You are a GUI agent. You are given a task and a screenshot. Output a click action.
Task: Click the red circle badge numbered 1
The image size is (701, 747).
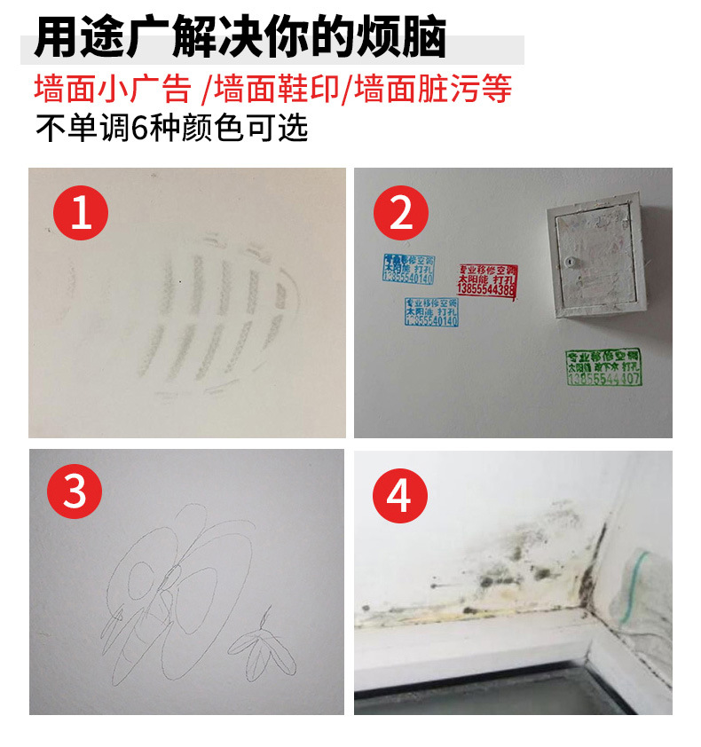point(81,213)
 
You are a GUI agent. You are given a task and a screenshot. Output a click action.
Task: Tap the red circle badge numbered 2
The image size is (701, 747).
point(400,213)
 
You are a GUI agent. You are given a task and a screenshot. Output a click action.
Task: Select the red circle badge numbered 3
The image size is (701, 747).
point(75,491)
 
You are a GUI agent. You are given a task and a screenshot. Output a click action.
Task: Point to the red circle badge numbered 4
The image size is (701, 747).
point(399,495)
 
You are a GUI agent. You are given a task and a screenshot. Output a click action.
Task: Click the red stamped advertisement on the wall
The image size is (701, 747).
point(486,279)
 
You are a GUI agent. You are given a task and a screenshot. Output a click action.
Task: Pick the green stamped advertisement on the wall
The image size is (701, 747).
point(603,367)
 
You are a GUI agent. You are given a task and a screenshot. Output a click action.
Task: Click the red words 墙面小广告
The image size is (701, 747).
point(113,90)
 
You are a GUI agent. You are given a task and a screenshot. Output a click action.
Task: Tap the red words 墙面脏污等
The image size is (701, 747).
point(432,90)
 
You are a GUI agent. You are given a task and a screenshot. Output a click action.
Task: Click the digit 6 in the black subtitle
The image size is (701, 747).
point(138,129)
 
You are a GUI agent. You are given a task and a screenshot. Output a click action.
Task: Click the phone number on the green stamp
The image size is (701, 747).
point(603,379)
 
